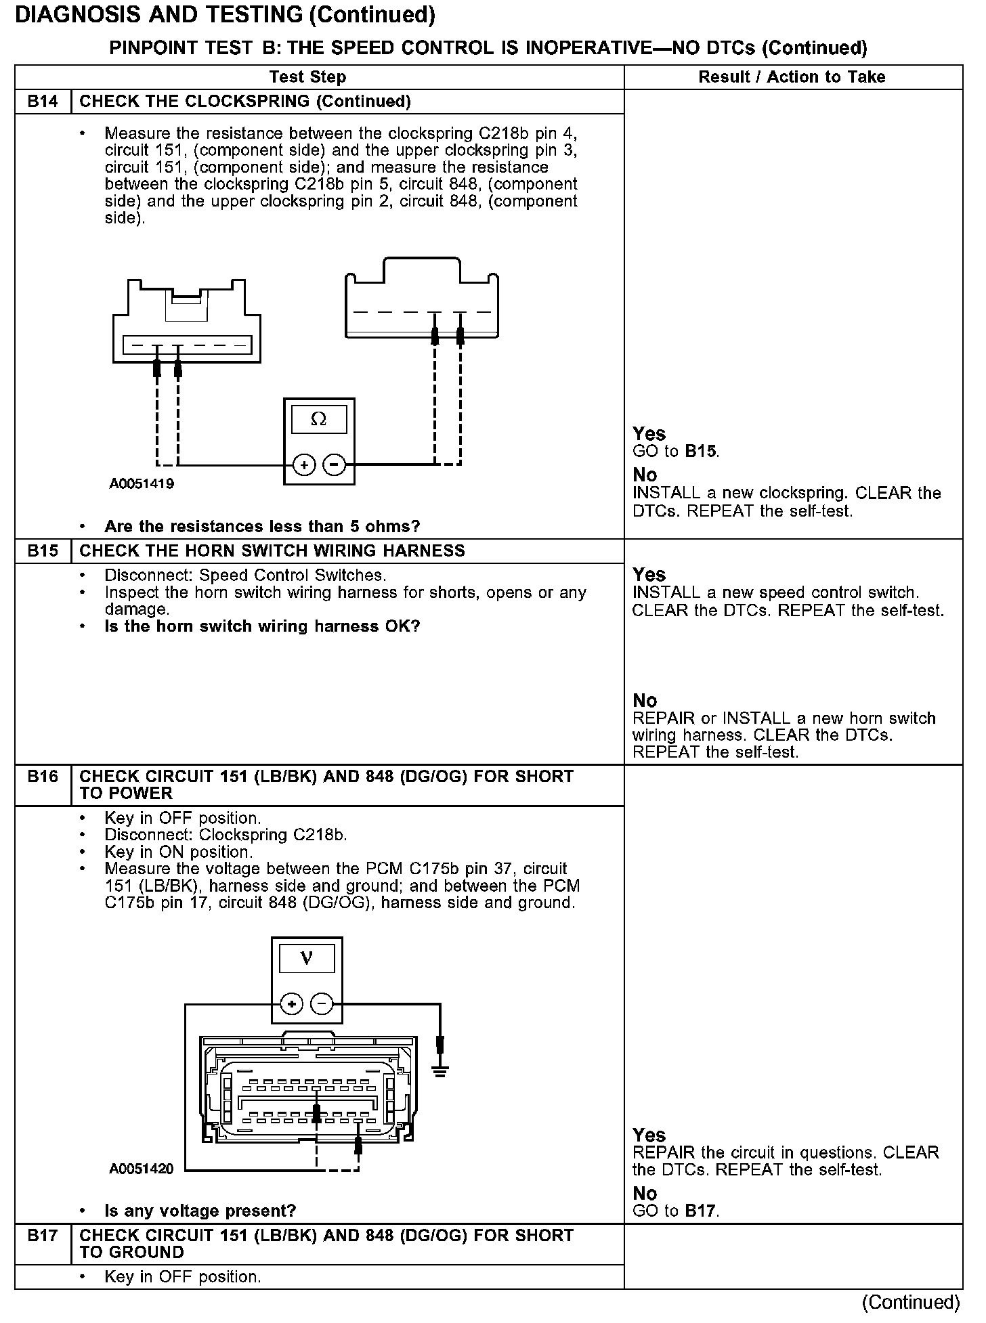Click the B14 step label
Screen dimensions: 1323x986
[x=42, y=102]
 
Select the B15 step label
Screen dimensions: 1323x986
[x=42, y=550]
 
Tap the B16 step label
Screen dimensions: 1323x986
[x=42, y=777]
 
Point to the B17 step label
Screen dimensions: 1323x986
[x=42, y=1236]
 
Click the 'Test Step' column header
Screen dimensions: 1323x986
[x=307, y=77]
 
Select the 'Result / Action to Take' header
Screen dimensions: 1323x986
[x=792, y=77]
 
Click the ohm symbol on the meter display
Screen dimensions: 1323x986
[x=318, y=420]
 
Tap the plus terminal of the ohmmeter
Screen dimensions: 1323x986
[x=304, y=465]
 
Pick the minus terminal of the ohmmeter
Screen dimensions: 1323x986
[x=334, y=465]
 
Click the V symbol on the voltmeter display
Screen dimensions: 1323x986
[x=306, y=959]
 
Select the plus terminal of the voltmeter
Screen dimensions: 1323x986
[x=291, y=1003]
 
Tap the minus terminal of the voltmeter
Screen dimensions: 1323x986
[x=322, y=1003]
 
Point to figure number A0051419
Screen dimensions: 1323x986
[x=142, y=484]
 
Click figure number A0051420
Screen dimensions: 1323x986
[x=142, y=1169]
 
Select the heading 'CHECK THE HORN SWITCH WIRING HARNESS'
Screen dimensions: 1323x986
[x=272, y=550]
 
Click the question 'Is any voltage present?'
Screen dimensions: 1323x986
[x=200, y=1211]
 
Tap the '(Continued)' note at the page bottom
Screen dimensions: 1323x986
[x=911, y=1302]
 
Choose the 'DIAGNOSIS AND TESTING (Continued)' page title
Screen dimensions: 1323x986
[x=225, y=15]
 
